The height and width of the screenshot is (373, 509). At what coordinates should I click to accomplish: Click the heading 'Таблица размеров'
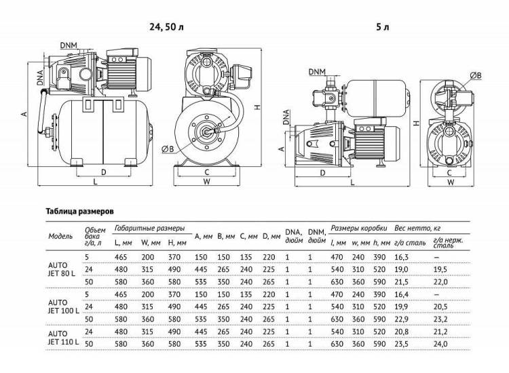(80, 212)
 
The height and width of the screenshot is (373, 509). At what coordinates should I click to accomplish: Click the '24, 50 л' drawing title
(166, 27)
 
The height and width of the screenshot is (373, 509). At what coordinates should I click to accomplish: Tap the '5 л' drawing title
(382, 27)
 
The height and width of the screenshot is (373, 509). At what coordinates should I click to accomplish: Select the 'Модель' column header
(60, 236)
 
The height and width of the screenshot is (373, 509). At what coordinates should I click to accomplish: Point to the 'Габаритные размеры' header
(150, 229)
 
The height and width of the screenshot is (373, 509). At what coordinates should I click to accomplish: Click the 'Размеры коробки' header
(359, 229)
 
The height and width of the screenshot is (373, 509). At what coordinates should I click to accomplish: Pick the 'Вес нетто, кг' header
(417, 229)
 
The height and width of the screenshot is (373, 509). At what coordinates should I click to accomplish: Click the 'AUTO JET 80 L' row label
(61, 269)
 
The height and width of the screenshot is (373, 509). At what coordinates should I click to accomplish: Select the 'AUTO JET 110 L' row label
(63, 338)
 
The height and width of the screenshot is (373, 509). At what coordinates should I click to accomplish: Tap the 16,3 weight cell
(401, 257)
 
